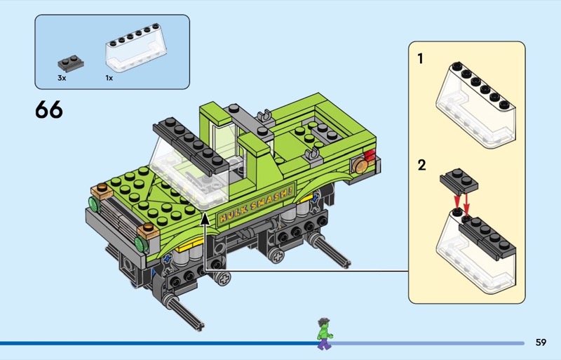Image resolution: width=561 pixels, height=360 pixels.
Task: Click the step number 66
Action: [48, 110]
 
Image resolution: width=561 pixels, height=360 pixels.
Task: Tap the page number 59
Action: [540, 342]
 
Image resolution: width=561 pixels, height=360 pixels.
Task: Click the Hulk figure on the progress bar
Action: [323, 333]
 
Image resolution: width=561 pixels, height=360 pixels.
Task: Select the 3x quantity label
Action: [62, 78]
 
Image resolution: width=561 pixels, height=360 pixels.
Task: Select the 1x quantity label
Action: [109, 78]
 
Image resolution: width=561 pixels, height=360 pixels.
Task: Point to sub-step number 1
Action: [421, 59]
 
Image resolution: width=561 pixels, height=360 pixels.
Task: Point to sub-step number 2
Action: [421, 166]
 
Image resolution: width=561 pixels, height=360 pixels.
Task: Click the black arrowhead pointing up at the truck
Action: [205, 220]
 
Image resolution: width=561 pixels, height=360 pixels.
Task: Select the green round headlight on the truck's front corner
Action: [93, 204]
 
